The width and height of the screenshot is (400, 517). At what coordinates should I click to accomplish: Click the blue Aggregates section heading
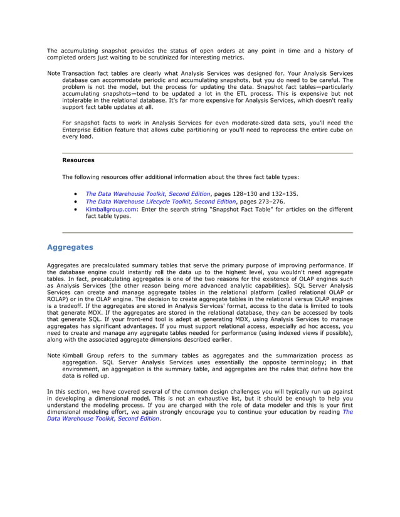(70, 247)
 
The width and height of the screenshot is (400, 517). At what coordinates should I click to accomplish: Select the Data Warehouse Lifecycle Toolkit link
(160, 202)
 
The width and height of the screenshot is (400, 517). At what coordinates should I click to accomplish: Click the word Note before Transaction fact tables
(54, 74)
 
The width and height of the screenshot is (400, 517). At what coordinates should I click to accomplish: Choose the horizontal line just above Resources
(208, 153)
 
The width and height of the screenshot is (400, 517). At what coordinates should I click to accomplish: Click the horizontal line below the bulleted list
(208, 233)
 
